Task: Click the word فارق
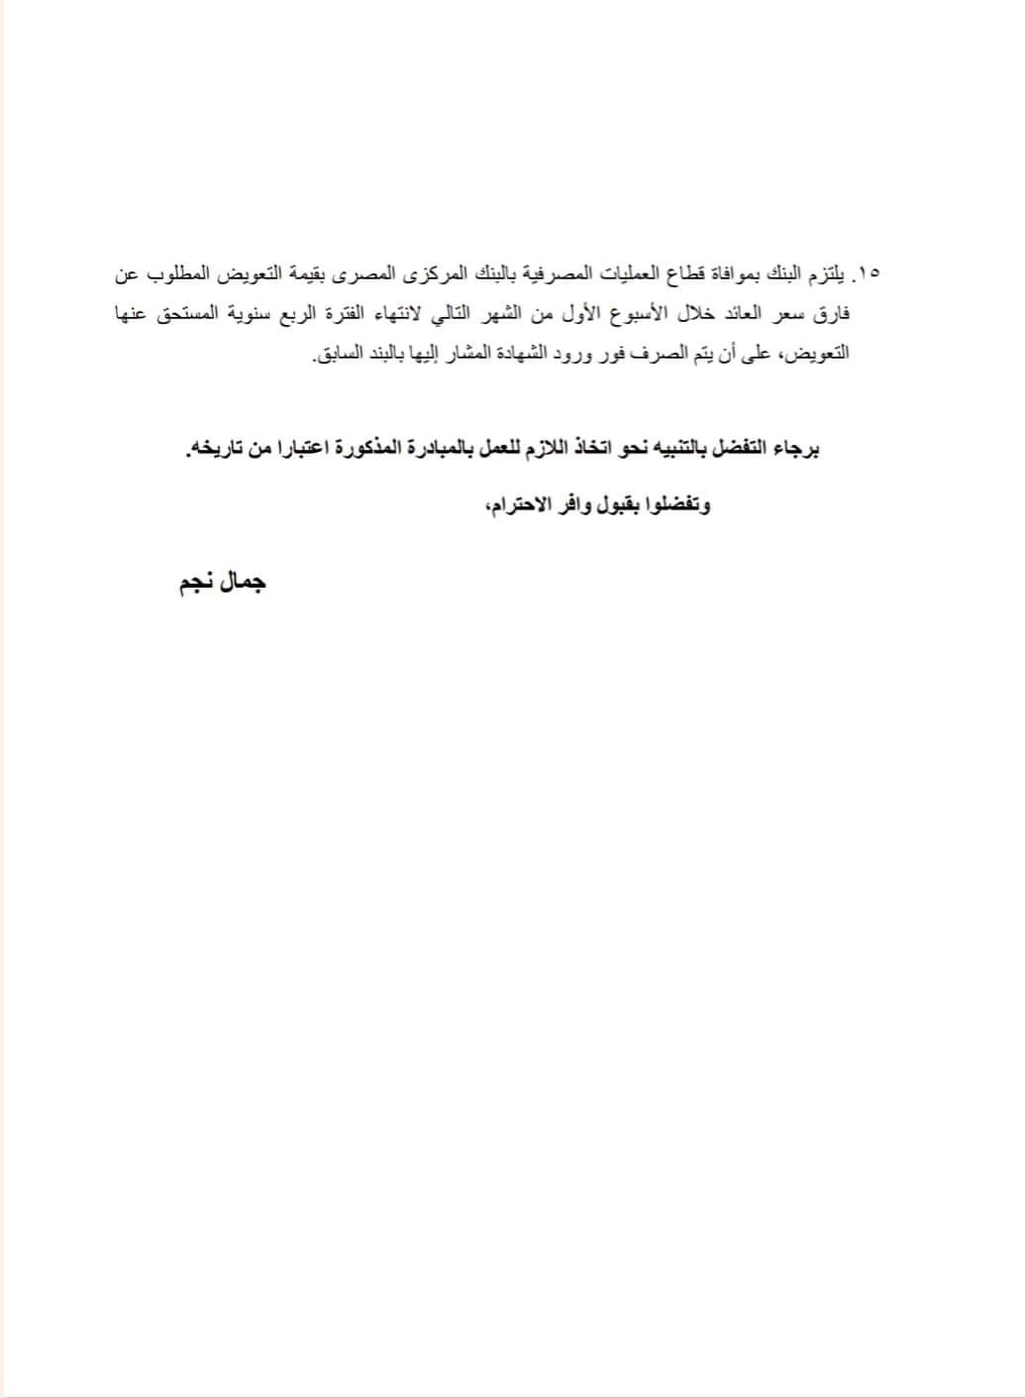coord(831,314)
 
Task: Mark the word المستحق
coord(183,314)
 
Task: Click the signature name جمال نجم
coord(222,583)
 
